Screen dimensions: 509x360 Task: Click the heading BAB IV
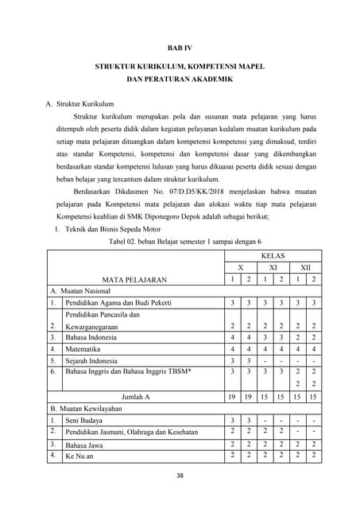pos(180,48)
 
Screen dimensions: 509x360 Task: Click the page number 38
pos(180,476)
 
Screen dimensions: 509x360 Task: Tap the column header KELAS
pos(273,257)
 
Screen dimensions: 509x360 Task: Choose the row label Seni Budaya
pos(83,420)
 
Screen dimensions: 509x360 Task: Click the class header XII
pos(305,268)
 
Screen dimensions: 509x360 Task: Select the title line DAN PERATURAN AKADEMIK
pos(180,80)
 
